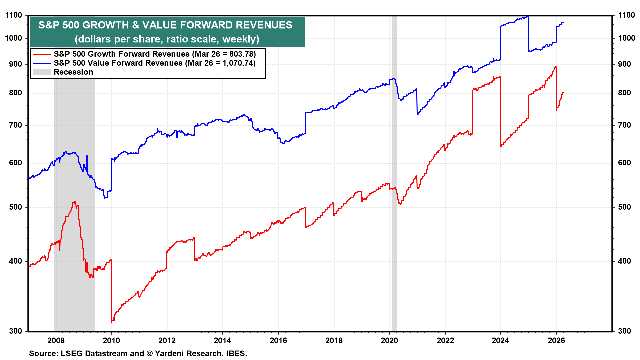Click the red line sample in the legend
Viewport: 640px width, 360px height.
point(41,54)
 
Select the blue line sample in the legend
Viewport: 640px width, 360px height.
point(41,63)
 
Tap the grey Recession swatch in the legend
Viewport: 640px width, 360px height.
point(41,72)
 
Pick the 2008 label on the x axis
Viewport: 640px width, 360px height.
point(56,340)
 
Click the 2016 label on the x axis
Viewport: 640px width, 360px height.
point(278,340)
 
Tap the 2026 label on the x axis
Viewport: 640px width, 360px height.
point(556,340)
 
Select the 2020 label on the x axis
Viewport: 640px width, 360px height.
point(389,340)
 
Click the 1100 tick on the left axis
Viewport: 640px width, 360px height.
point(14,15)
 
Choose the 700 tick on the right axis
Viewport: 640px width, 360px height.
point(624,125)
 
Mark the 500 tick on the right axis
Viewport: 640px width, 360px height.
point(624,207)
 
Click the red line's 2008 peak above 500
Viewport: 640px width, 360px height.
point(75,202)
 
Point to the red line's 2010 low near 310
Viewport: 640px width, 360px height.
point(112,321)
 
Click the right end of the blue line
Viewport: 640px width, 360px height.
point(563,22)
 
